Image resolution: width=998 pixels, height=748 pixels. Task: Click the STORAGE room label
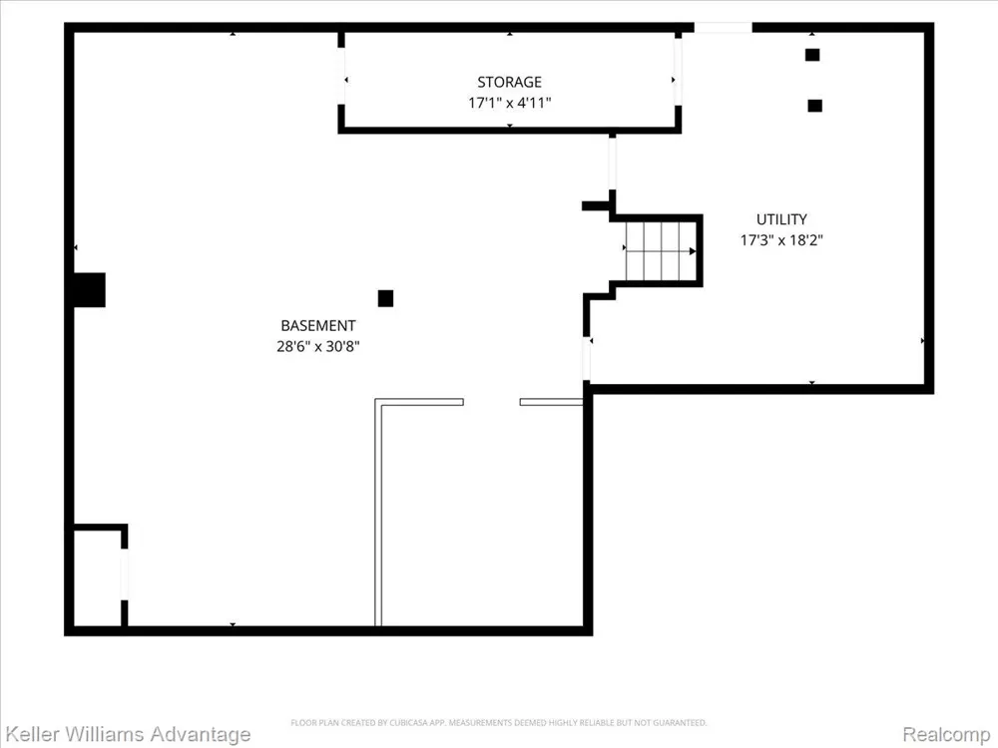[509, 82]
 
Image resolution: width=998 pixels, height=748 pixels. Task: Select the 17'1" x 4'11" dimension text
[509, 103]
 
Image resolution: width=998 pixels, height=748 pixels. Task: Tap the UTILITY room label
[781, 219]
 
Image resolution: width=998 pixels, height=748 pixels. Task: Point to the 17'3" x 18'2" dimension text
[781, 239]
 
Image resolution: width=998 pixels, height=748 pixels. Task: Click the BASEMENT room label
[318, 326]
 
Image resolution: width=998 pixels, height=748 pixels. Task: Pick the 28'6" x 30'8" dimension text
[318, 346]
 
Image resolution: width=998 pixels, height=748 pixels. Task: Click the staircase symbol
[661, 250]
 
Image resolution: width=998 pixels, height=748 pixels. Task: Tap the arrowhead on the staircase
[693, 251]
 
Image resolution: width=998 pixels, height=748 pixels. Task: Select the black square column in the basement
[385, 298]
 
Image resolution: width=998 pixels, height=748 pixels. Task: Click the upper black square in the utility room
[812, 55]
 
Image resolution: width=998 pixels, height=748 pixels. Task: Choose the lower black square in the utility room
[814, 106]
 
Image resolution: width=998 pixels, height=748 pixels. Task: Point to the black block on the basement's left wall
[89, 290]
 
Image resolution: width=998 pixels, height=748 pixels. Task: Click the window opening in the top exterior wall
[723, 27]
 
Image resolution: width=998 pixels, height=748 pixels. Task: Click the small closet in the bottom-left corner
[97, 577]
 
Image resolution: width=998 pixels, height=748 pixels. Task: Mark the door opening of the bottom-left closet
[124, 574]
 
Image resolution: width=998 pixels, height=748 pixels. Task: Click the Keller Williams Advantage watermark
[128, 735]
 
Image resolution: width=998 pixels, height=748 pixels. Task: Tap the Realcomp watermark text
[946, 735]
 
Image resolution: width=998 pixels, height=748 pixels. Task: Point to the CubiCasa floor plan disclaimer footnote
[499, 722]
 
